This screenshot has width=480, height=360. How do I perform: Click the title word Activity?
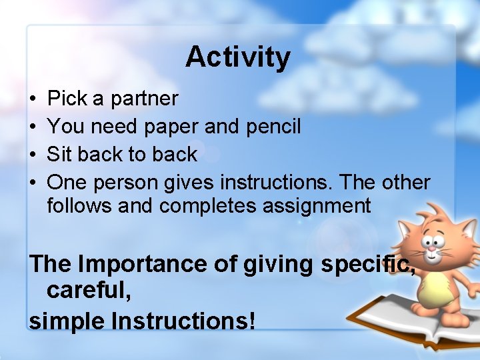tap(238, 58)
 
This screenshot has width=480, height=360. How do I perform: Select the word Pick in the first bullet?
tap(67, 99)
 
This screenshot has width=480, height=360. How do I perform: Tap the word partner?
tap(145, 99)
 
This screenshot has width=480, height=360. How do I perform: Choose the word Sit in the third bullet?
tap(61, 154)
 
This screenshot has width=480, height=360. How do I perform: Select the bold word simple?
tap(67, 321)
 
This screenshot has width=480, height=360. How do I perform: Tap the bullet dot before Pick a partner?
tap(33, 99)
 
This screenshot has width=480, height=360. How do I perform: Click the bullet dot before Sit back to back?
tap(33, 155)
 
